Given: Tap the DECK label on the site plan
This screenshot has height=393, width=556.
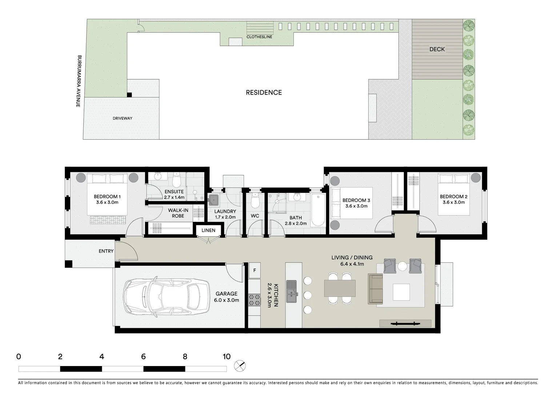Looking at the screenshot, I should coord(437,49).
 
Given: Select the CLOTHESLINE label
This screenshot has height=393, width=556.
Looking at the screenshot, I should coord(259,37).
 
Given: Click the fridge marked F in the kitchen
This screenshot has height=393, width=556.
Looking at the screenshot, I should coord(255,270).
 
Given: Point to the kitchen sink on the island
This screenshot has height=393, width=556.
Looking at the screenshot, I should coord(292,291).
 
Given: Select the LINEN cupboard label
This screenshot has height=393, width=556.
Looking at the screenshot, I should coord(208,230).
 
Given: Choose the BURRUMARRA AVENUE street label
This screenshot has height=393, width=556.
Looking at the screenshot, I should coord(79,81).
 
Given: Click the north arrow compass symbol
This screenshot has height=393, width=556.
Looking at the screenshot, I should coord(240,365).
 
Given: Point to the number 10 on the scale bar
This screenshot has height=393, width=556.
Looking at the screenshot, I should coord(227,357).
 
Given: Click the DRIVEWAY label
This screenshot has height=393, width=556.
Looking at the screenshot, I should coord(123,118).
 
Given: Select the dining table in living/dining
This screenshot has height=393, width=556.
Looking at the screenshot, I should coord(340,288).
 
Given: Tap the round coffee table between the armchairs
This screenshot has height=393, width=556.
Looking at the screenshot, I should coord(402,266).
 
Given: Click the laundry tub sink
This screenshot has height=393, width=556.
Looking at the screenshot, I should coord(213,200).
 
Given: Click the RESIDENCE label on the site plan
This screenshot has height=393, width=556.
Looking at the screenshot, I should coord(264,92).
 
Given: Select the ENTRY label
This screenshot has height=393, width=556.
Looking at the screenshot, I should coord(106,251).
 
